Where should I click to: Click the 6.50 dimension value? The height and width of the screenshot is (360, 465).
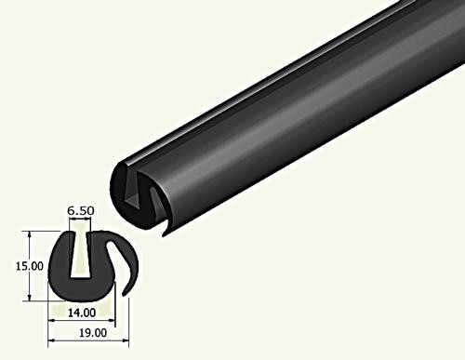click(81, 212)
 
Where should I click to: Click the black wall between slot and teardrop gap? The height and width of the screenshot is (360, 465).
click(100, 265)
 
